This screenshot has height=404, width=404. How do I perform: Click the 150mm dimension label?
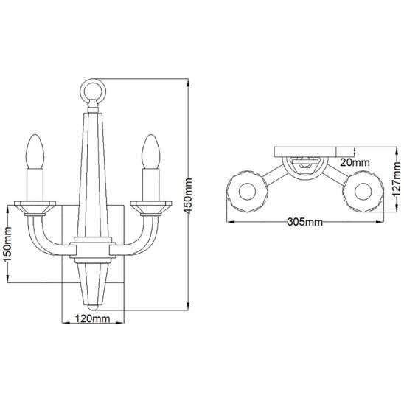click(x=8, y=244)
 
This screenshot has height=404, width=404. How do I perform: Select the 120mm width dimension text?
click(x=92, y=318)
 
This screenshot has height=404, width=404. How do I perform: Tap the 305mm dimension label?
click(x=304, y=222)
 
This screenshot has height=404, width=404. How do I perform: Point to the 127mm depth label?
click(x=397, y=179)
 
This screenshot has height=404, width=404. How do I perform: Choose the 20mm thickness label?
click(x=355, y=162)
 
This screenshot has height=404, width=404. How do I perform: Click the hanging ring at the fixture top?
click(x=93, y=91)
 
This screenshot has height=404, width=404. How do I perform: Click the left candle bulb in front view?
click(x=35, y=152)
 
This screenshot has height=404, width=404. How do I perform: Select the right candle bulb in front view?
click(x=151, y=152)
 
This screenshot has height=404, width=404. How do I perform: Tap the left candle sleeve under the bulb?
click(x=35, y=184)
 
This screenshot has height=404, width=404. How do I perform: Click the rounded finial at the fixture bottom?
click(x=93, y=307)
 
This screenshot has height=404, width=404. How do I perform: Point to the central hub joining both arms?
click(x=93, y=250)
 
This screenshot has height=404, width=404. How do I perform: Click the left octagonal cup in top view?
click(x=248, y=192)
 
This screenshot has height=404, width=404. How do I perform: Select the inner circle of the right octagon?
click(x=363, y=192)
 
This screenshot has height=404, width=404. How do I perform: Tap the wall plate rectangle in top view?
click(x=305, y=152)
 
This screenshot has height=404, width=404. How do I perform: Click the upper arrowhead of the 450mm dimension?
click(x=189, y=83)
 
